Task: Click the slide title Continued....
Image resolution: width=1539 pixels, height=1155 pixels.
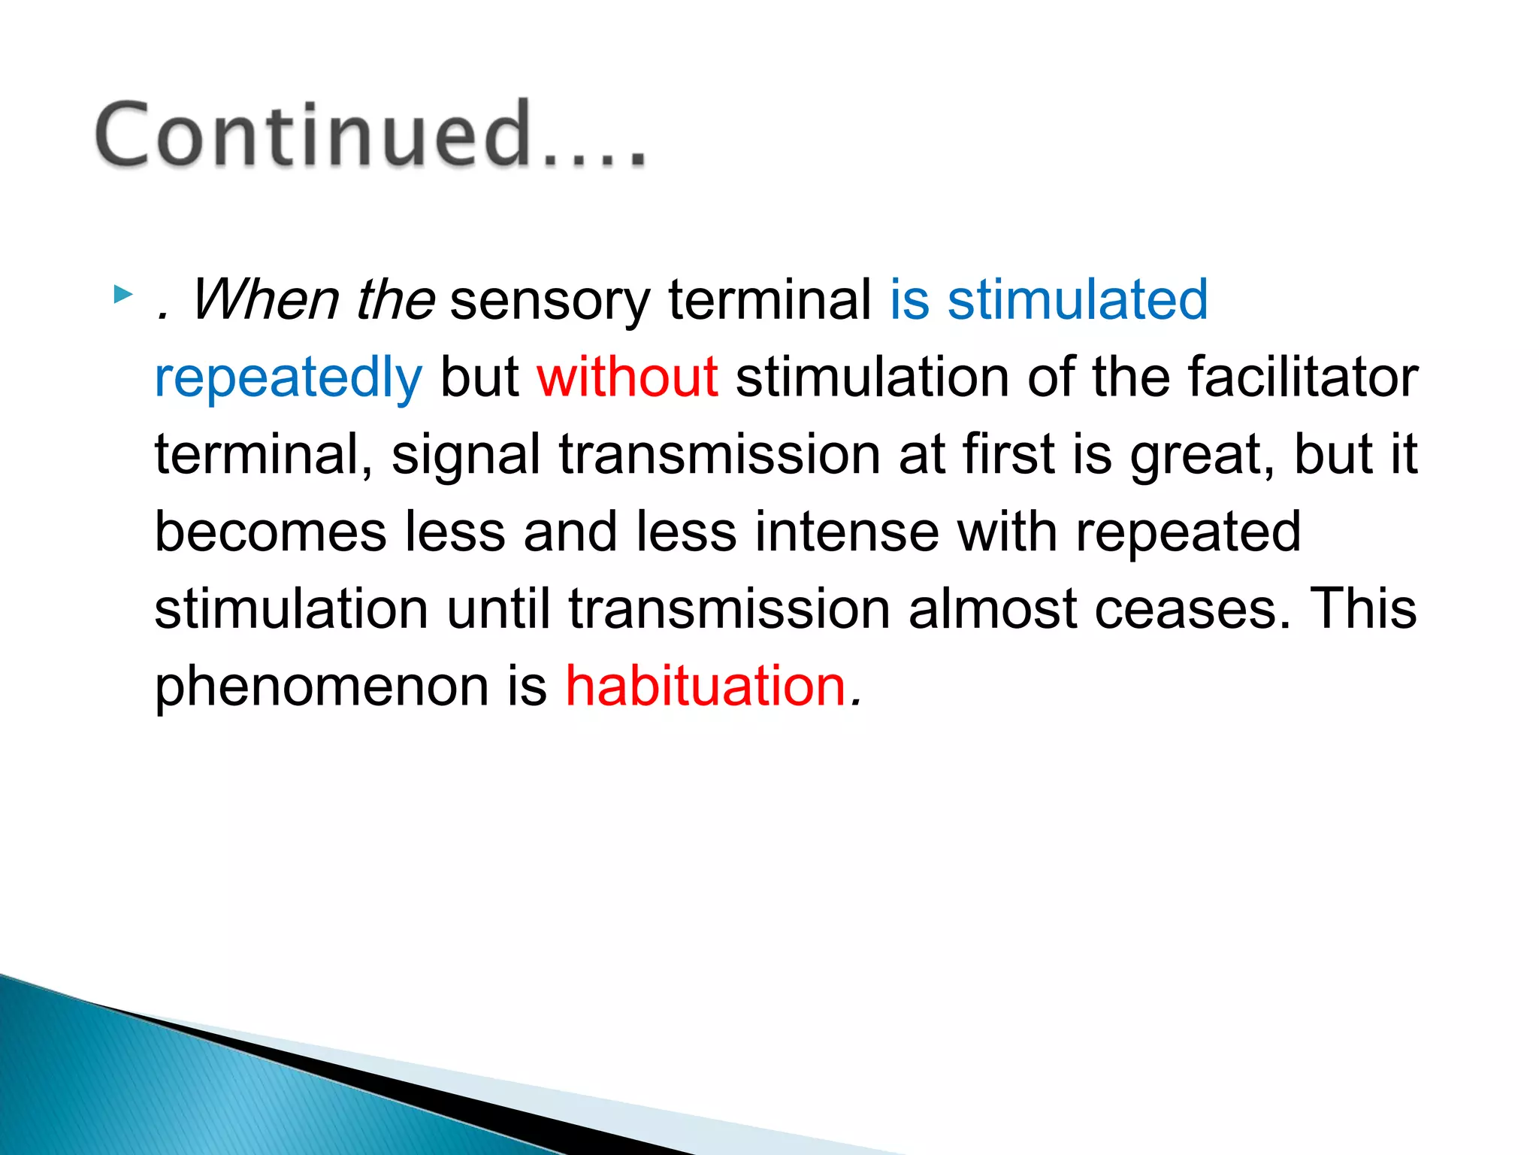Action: pyautogui.click(x=368, y=135)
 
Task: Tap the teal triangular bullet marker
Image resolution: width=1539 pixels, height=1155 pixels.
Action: pyautogui.click(x=122, y=294)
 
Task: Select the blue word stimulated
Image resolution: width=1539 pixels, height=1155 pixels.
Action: pyautogui.click(x=1077, y=299)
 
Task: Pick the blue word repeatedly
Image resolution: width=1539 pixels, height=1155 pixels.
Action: pyautogui.click(x=289, y=378)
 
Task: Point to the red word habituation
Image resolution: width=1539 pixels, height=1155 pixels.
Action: pyautogui.click(x=706, y=686)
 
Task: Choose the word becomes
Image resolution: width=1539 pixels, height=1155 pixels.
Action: pyautogui.click(x=271, y=532)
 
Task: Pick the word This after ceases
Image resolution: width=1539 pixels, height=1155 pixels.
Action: pyautogui.click(x=1362, y=608)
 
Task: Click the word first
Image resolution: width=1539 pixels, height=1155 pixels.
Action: pyautogui.click(x=1008, y=454)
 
